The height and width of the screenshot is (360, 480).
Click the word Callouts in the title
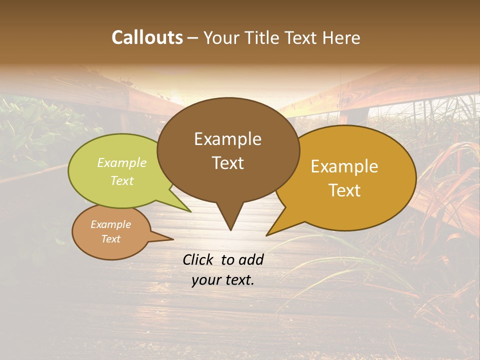coord(147,37)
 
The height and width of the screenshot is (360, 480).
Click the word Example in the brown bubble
coord(228,139)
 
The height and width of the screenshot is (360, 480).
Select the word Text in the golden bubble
coord(345,190)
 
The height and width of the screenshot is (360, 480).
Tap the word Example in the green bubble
coord(122,162)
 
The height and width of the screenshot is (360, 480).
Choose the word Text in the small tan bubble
coord(111,239)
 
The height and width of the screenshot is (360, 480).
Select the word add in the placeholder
coord(251,259)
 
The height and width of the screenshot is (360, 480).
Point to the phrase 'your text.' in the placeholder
coord(223,280)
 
